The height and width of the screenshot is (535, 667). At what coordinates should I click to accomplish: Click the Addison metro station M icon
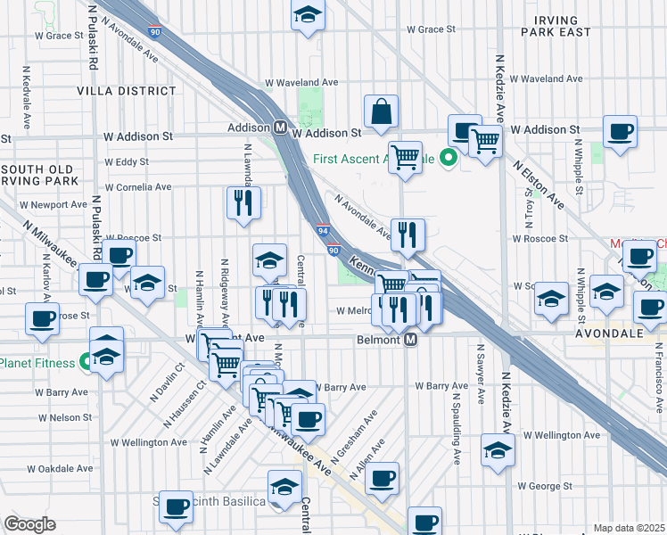(279, 128)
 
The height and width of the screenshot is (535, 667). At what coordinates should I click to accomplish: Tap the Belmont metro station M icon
(411, 340)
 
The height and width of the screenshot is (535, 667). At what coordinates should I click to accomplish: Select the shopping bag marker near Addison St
(381, 112)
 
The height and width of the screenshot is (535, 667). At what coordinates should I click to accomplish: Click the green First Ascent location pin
(449, 160)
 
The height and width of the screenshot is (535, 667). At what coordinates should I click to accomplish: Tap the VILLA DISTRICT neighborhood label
(127, 91)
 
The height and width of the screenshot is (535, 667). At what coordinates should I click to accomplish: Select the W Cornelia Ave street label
(138, 187)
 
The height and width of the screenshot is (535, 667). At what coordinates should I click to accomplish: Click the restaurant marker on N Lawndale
(243, 202)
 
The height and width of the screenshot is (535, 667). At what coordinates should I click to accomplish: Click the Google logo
(29, 524)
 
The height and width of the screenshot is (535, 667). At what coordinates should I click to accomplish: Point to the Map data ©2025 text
(629, 528)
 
